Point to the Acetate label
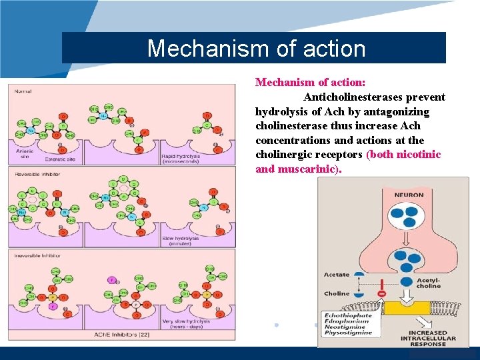click(337, 275)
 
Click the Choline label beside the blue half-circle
click(337, 293)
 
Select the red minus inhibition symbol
click(382, 293)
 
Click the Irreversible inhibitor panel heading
click(33, 255)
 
